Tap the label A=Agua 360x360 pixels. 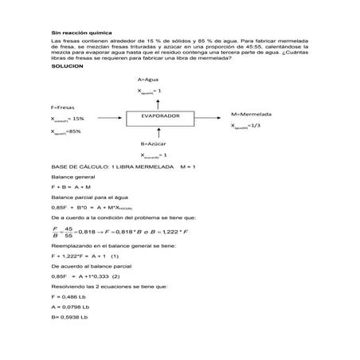pyautogui.click(x=149, y=80)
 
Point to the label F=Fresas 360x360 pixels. pyautogui.click(x=64, y=106)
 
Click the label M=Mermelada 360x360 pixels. pyautogui.click(x=252, y=114)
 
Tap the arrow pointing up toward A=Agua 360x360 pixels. pyautogui.click(x=153, y=102)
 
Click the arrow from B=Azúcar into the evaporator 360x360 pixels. pyautogui.click(x=153, y=132)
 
